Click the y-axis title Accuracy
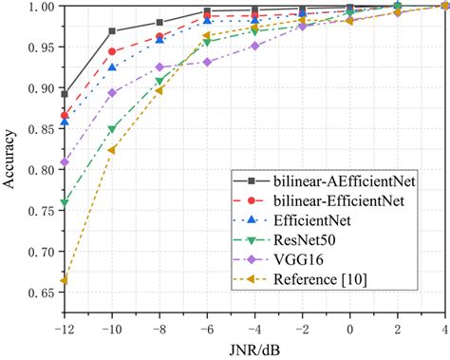[x=11, y=156]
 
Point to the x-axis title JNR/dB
[x=254, y=349]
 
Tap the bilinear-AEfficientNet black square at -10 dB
[x=112, y=31]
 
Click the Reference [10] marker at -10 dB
[x=112, y=150]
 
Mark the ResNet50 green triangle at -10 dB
[x=112, y=129]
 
